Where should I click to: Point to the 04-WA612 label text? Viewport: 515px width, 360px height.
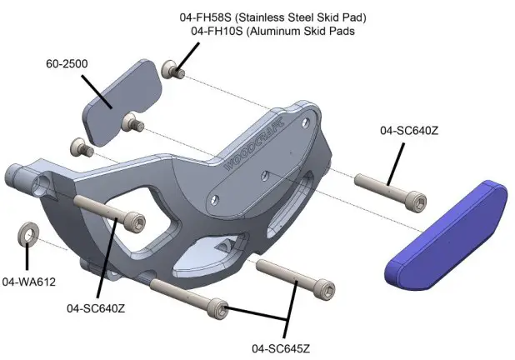tap(28, 282)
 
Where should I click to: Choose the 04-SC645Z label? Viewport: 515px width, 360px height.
tap(288, 347)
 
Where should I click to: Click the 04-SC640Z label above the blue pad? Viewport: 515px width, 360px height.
tap(408, 130)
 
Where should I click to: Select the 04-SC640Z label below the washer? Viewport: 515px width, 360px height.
tap(96, 308)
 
